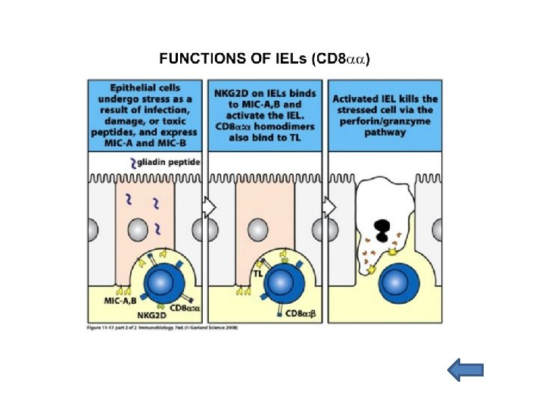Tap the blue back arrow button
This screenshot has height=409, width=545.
[465, 370]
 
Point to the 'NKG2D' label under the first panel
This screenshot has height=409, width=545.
[151, 314]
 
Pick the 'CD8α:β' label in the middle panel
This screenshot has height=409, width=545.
[301, 312]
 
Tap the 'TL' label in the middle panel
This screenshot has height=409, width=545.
[257, 273]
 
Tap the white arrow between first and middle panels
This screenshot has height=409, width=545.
[209, 207]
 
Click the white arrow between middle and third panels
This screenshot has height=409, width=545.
[329, 207]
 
